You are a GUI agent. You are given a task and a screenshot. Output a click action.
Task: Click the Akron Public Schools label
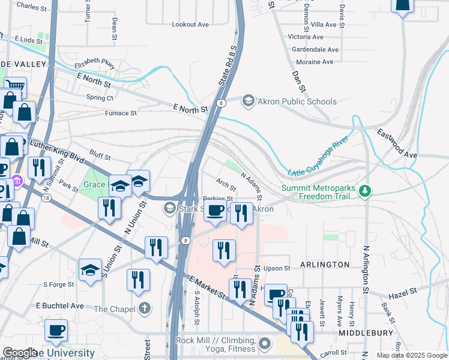(297, 101)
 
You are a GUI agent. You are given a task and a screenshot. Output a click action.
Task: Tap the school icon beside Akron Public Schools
(248, 101)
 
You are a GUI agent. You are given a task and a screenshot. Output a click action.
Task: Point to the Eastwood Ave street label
(396, 142)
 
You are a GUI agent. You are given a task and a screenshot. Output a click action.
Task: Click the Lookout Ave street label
(190, 25)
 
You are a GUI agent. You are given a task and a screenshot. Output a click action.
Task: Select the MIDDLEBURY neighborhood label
(366, 332)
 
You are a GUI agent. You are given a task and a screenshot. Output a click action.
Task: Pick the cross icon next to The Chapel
(144, 310)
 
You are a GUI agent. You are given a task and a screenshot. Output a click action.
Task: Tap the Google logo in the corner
(20, 353)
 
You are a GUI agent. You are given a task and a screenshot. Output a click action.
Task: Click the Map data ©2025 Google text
(412, 355)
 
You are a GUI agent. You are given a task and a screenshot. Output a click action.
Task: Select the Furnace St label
(121, 113)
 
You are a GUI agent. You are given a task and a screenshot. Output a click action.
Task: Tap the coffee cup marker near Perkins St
(216, 211)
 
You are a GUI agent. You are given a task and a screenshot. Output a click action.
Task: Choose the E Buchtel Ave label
(63, 305)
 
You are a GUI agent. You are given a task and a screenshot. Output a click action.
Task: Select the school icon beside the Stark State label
(170, 209)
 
